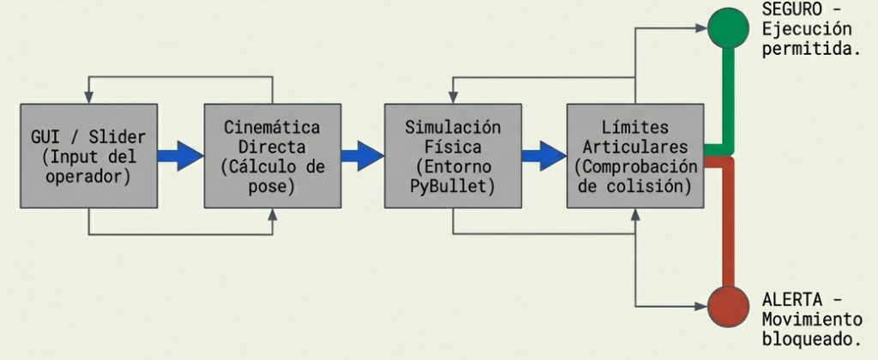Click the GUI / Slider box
pyautogui.click(x=88, y=155)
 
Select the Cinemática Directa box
pyautogui.click(x=273, y=155)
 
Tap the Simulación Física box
pyautogui.click(x=453, y=155)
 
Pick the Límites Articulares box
pyautogui.click(x=634, y=155)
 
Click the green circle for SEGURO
pyautogui.click(x=728, y=28)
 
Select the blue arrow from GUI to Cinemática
pyautogui.click(x=180, y=155)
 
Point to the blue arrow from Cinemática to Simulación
pyautogui.click(x=362, y=155)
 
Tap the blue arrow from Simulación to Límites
pyautogui.click(x=544, y=155)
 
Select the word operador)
pyautogui.click(x=88, y=177)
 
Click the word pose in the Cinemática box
pyautogui.click(x=273, y=185)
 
